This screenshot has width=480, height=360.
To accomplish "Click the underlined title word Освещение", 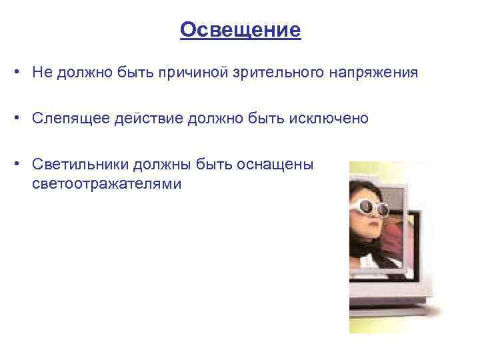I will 240,30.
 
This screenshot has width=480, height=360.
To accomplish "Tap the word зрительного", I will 277,73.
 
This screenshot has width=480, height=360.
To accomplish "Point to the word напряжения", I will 373,73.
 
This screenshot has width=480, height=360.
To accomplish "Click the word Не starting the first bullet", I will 39,73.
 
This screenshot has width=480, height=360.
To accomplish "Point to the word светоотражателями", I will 106,183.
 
